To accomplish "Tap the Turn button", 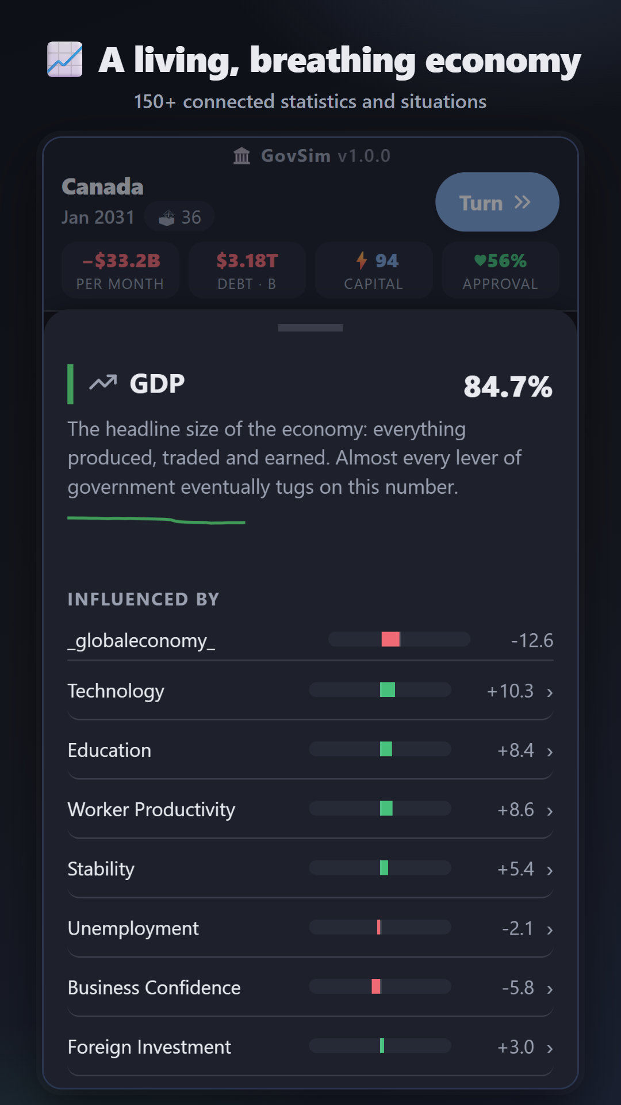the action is (497, 202).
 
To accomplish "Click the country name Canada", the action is (102, 186).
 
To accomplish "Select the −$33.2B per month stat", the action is (121, 261).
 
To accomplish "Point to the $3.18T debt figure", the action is (247, 261).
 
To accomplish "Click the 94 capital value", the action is (386, 261).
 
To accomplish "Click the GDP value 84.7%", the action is (508, 387).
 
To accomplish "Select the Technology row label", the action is (116, 691).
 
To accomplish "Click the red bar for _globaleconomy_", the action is (390, 639).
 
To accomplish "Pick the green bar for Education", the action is (386, 749).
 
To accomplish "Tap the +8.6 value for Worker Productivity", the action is (516, 810).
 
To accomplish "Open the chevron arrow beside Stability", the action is (550, 870).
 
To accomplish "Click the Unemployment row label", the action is (133, 928).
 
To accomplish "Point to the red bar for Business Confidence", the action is (376, 986).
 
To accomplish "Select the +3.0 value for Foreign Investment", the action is (516, 1047).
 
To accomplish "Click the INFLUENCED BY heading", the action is (143, 599).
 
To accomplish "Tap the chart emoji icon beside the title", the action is (64, 59).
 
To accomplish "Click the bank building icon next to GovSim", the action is (242, 155).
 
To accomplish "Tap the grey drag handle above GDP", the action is (310, 327).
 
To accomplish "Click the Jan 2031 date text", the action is (98, 217).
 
